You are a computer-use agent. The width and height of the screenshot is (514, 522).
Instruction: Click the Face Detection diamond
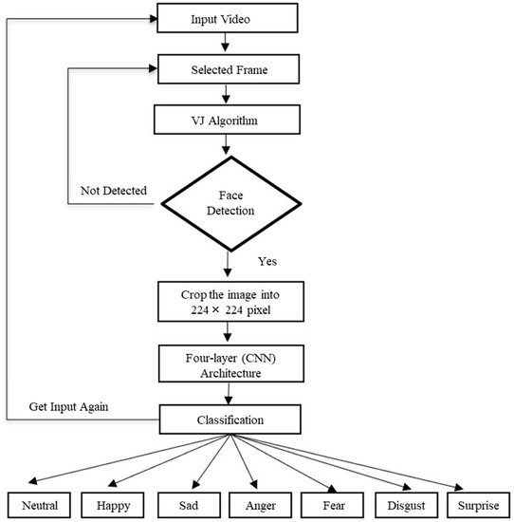(x=230, y=200)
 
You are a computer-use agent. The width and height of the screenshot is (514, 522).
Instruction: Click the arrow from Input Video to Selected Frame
(x=224, y=43)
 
